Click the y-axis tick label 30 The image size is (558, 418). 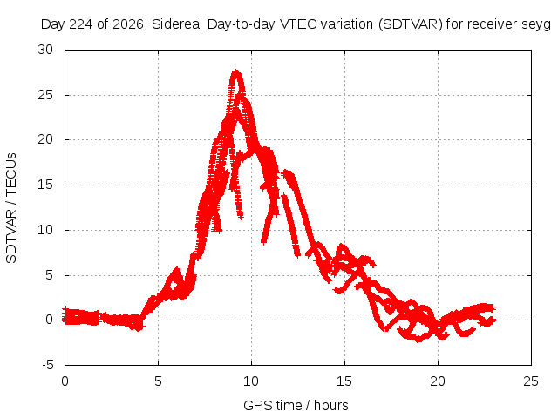[x=45, y=50]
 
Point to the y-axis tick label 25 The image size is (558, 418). [x=45, y=95]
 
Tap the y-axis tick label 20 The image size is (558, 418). [x=45, y=139]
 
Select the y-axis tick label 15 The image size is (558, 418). [x=45, y=185]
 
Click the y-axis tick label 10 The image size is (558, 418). [x=45, y=230]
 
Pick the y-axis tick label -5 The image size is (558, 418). [x=47, y=365]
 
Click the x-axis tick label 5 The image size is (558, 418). [x=158, y=381]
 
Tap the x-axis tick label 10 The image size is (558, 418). [x=251, y=381]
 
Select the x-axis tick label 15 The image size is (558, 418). [x=344, y=381]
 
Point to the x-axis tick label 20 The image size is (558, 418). [x=438, y=381]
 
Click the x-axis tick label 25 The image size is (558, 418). [x=531, y=381]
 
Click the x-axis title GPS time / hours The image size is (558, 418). [x=296, y=406]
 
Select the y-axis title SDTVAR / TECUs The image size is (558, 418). [x=11, y=208]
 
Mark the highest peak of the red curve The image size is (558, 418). [x=236, y=71]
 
